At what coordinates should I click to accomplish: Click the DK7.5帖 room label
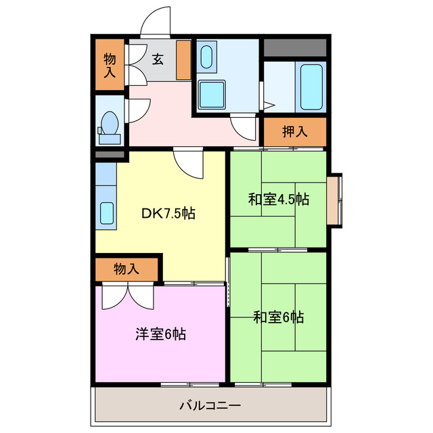click(x=168, y=214)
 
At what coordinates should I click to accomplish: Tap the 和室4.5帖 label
click(x=278, y=200)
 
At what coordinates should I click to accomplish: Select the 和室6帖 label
click(x=278, y=316)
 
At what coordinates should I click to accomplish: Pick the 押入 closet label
click(x=294, y=131)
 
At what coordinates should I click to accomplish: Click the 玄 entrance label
click(x=158, y=59)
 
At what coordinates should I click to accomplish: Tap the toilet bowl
click(x=109, y=126)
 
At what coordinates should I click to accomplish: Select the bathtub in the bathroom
click(x=311, y=86)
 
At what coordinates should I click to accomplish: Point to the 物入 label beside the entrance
click(x=110, y=65)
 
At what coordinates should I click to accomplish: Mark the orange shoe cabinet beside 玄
click(x=183, y=60)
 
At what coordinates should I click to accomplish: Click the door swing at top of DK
click(x=189, y=164)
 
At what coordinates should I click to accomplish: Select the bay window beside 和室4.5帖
click(x=334, y=201)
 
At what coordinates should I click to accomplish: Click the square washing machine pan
click(x=213, y=95)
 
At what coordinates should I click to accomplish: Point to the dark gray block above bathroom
click(x=294, y=48)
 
